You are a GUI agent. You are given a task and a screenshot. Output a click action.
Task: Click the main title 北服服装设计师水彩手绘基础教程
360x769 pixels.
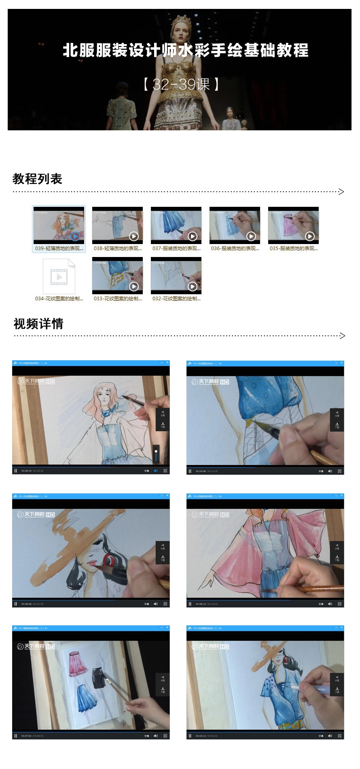tap(186, 51)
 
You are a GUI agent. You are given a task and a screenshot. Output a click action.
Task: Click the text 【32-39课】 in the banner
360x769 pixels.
tap(181, 84)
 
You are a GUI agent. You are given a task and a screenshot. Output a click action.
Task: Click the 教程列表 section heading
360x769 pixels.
tap(37, 178)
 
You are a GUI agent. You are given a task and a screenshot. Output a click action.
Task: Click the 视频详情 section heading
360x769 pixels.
tap(38, 323)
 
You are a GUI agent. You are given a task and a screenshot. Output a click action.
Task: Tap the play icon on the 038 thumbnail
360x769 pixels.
tap(133, 236)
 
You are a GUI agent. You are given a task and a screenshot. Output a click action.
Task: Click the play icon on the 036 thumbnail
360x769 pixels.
tap(251, 236)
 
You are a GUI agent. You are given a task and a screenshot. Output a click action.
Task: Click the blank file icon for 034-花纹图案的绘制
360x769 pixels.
tap(59, 276)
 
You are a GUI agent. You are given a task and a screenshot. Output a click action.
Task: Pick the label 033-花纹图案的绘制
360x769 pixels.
tap(118, 299)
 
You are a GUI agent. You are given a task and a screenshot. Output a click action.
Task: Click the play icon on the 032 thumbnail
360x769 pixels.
tap(192, 287)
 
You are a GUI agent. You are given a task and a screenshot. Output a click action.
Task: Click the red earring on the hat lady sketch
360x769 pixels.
tap(108, 561)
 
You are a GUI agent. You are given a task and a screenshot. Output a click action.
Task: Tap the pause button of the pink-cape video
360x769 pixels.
tap(190, 604)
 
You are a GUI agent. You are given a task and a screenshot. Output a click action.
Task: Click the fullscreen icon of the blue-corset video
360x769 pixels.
tap(339, 471)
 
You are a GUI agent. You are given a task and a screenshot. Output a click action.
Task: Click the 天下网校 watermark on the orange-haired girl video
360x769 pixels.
tap(36, 381)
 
